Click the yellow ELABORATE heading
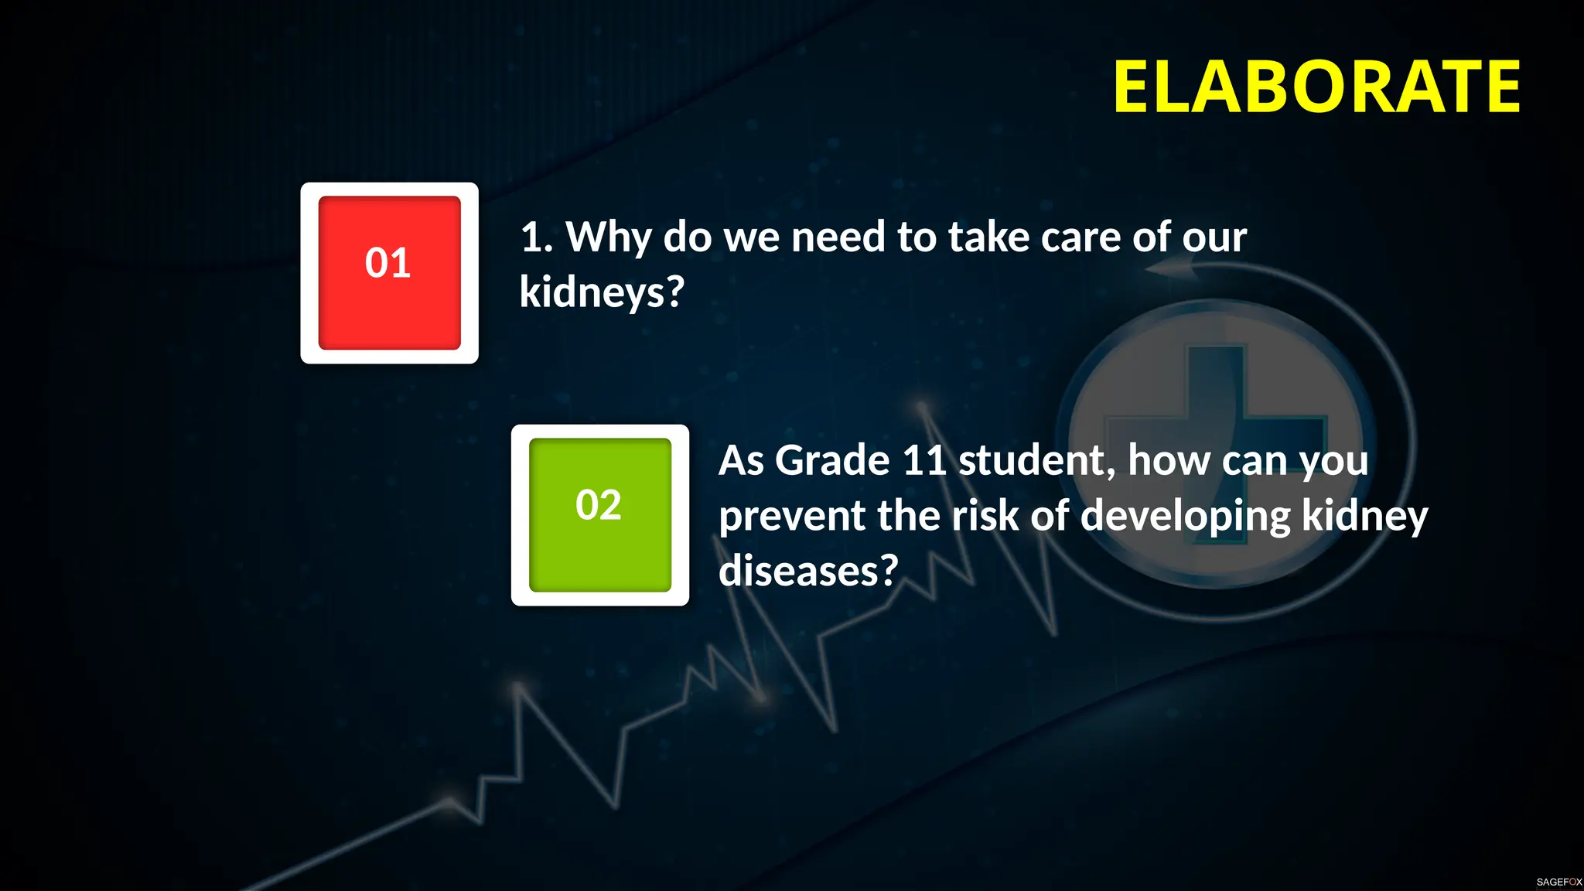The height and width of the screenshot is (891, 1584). [1316, 87]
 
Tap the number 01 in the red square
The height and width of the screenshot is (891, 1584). [387, 263]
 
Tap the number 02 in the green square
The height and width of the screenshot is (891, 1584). [598, 505]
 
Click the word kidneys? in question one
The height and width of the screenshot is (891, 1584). [602, 292]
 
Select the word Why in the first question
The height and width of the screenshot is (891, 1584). [608, 237]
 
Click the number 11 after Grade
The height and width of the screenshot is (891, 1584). [924, 461]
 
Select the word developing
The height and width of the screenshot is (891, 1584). [1185, 517]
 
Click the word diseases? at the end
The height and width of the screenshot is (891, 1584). [808, 571]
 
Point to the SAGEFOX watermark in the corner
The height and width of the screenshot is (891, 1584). [1558, 882]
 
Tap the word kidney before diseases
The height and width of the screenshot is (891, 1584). [1364, 517]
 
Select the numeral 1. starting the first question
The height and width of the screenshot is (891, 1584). [536, 237]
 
